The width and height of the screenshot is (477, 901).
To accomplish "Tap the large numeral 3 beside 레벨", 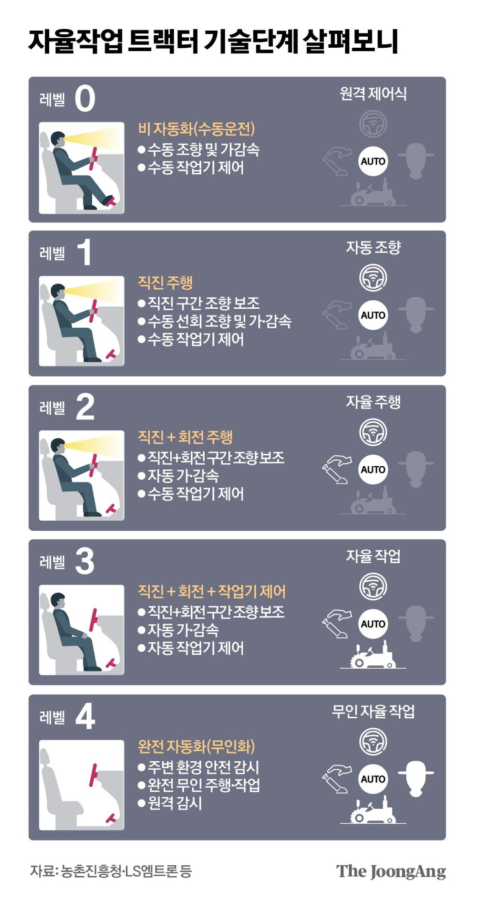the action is pos(85,561).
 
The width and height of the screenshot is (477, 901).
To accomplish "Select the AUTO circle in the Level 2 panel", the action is pos(373,470).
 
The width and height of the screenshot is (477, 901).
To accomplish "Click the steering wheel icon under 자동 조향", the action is pos(373,278).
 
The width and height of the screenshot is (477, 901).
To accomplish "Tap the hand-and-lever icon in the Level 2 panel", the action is pos(337,470).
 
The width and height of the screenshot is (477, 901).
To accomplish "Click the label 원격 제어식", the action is pos(373,94).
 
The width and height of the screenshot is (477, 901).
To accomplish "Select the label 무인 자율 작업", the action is pos(373,712).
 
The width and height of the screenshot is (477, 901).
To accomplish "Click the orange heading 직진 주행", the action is pos(165,283).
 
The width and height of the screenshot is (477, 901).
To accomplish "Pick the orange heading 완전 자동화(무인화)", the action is pos(197,746).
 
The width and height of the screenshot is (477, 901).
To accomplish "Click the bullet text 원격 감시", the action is pos(175,803).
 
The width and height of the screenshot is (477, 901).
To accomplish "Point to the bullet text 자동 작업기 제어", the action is pos(196,648).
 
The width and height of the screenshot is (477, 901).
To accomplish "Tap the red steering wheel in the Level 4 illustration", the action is pos(94,775).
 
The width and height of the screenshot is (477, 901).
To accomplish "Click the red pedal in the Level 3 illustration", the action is pos(111,663).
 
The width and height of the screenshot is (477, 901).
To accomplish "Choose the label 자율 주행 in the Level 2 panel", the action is pos(373,402).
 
